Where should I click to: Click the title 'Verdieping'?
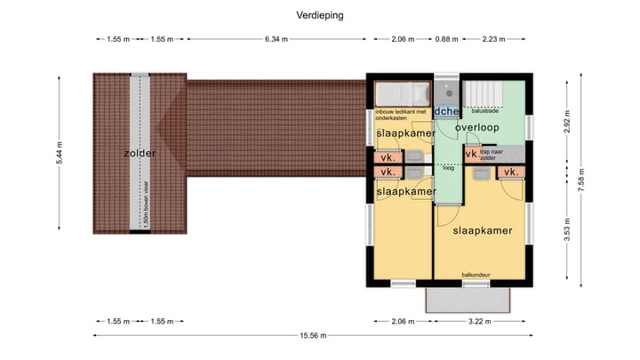320,15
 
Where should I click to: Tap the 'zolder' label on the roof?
140,153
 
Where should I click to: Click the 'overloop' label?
476,128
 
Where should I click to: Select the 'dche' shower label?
446,111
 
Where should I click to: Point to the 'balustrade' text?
485,112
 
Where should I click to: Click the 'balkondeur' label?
476,276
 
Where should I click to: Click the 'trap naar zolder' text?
493,155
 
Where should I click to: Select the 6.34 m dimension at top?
276,39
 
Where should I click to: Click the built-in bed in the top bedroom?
401,94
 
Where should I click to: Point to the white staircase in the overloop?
486,93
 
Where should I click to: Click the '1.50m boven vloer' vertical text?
140,204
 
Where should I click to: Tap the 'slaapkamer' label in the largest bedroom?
483,230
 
